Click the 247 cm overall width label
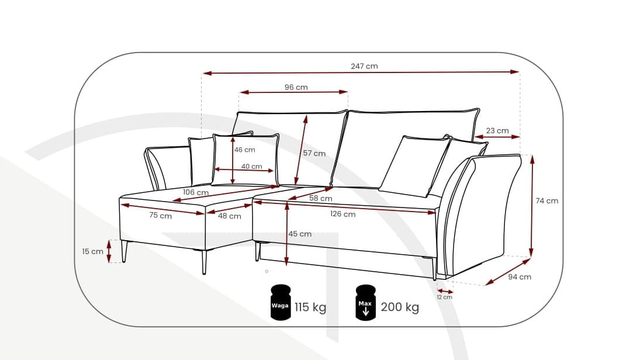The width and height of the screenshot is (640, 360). [x=364, y=66]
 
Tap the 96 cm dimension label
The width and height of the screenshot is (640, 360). [x=296, y=87]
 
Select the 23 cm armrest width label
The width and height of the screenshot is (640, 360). [x=497, y=130]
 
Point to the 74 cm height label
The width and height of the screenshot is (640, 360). [x=547, y=200]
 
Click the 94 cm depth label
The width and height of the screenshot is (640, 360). [x=520, y=276]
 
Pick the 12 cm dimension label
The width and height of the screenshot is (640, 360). [x=445, y=297]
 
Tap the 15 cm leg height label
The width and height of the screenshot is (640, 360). [x=92, y=251]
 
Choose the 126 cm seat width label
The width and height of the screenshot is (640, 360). [x=343, y=214]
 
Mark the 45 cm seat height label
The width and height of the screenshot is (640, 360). [x=300, y=234]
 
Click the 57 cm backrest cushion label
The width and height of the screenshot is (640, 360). [x=314, y=153]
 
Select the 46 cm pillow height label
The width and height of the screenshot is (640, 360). [x=244, y=150]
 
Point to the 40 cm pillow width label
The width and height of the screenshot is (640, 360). [x=252, y=167]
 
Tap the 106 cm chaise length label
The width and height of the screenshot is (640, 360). [x=196, y=192]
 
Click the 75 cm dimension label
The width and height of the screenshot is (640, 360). [x=161, y=215]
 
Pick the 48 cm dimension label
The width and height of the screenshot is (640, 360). [x=230, y=216]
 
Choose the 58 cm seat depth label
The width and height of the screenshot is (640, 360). [x=321, y=198]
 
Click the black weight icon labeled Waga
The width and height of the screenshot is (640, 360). [x=281, y=303]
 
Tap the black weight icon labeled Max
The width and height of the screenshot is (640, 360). [x=365, y=303]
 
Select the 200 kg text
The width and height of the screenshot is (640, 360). [x=400, y=307]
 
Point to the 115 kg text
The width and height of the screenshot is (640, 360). [x=310, y=307]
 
